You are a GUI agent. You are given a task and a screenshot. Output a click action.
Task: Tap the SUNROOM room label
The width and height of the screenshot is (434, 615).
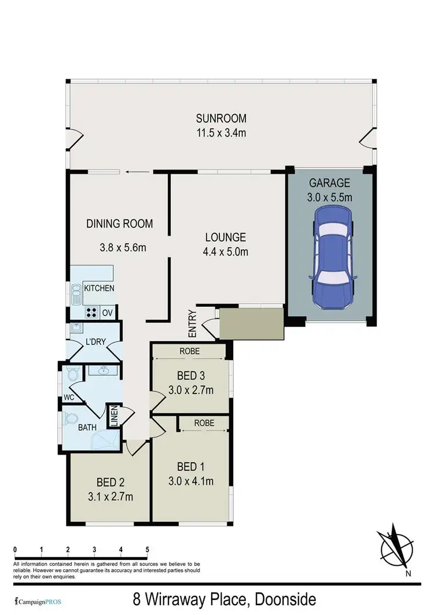[x=221, y=119]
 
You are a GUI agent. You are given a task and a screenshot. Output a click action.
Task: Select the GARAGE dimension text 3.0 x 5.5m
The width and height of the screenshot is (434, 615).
[x=330, y=197]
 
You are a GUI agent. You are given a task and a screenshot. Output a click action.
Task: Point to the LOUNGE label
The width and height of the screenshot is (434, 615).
[x=226, y=237]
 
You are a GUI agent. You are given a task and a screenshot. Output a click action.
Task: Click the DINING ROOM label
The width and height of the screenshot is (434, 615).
[x=120, y=224]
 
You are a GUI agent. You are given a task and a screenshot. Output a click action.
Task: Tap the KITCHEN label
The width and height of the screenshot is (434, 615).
[x=99, y=288]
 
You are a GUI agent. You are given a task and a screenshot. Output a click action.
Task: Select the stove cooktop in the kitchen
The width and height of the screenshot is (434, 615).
[x=91, y=313]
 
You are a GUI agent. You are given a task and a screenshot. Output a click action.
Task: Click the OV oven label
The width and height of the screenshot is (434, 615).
[x=107, y=313]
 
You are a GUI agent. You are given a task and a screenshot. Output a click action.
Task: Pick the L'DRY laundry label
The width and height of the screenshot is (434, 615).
[x=95, y=341]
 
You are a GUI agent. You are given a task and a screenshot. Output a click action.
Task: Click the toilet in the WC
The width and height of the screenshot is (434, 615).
[x=72, y=375]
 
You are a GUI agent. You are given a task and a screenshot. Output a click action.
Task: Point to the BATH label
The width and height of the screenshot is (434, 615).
[x=88, y=429]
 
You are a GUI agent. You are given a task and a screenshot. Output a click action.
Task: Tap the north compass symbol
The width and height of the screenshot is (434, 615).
[x=398, y=544]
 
